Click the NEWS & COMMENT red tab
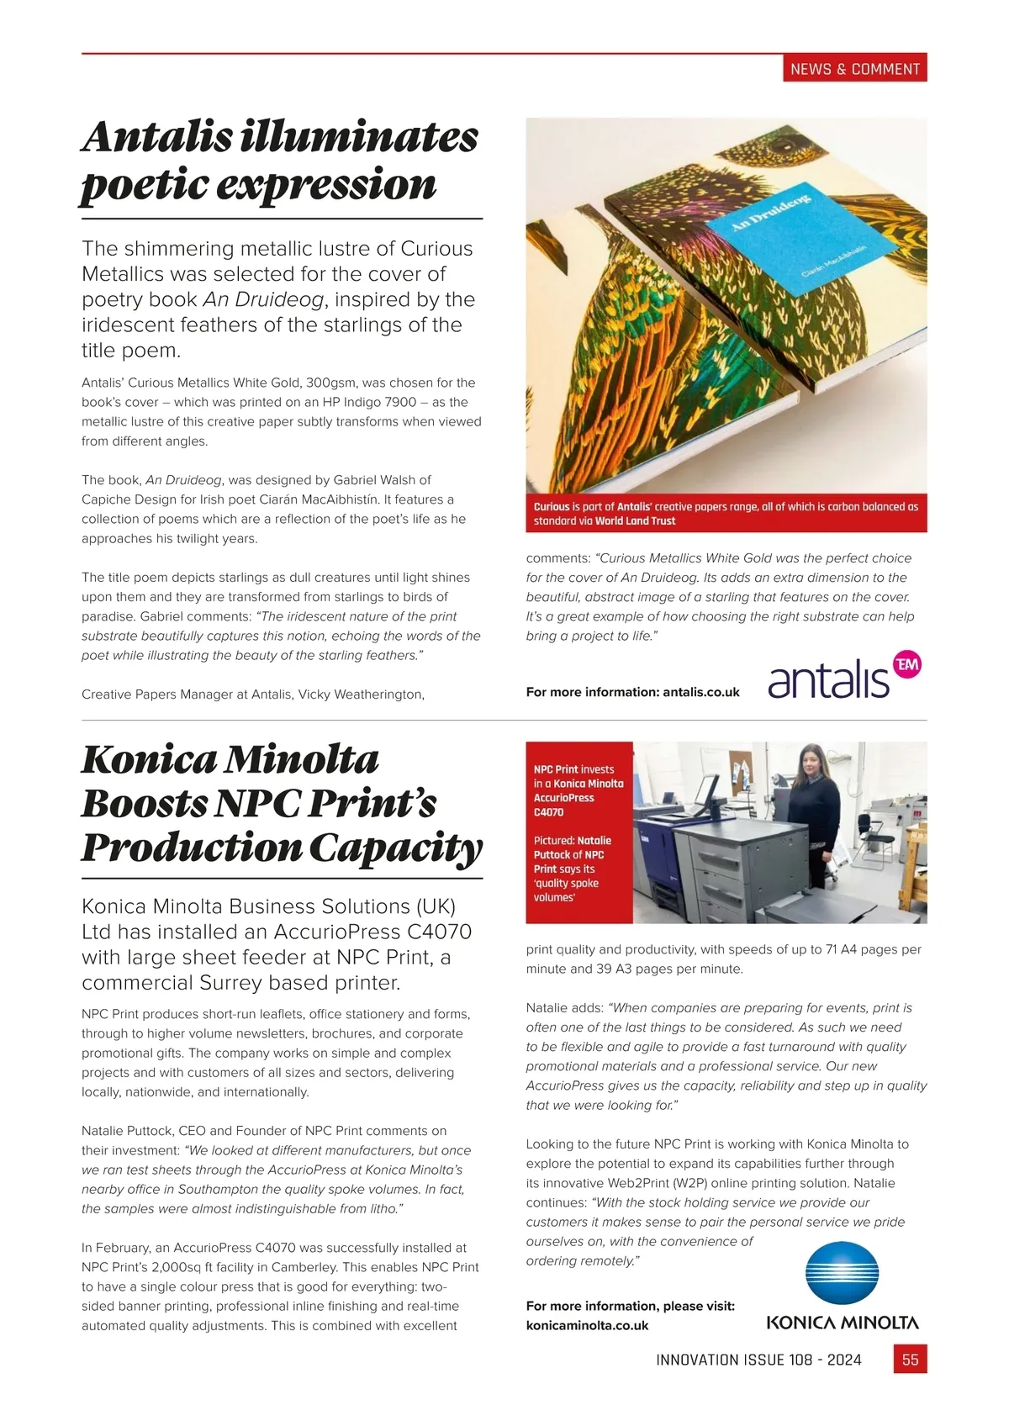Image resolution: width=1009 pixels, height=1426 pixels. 854,69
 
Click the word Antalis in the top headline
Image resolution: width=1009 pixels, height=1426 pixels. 157,138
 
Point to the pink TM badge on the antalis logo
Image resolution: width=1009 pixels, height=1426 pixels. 906,665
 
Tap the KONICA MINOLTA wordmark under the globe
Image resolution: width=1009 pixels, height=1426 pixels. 842,1323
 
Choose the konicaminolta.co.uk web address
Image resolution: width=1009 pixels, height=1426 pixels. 587,1325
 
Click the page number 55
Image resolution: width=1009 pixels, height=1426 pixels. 910,1360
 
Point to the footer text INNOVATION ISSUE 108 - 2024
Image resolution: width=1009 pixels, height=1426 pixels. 758,1360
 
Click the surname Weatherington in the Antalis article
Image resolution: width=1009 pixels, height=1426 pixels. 378,695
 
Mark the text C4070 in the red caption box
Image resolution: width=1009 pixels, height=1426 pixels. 548,812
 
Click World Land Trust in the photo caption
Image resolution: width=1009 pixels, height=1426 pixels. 635,521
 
